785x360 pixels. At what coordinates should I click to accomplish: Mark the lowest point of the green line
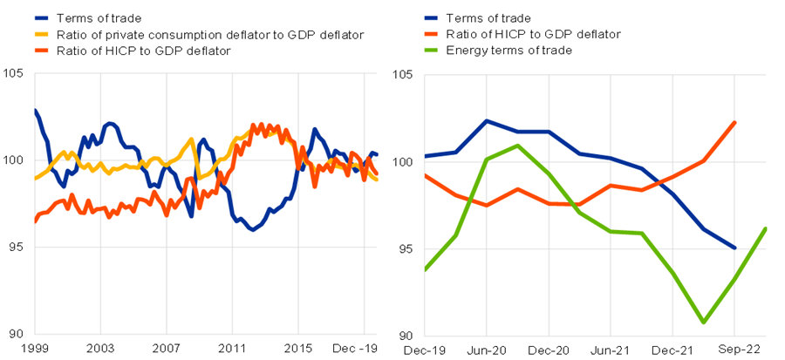coord(704,323)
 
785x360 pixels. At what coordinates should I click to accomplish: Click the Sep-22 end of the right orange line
coord(735,123)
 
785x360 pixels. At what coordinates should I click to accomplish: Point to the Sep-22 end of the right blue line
coord(735,248)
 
